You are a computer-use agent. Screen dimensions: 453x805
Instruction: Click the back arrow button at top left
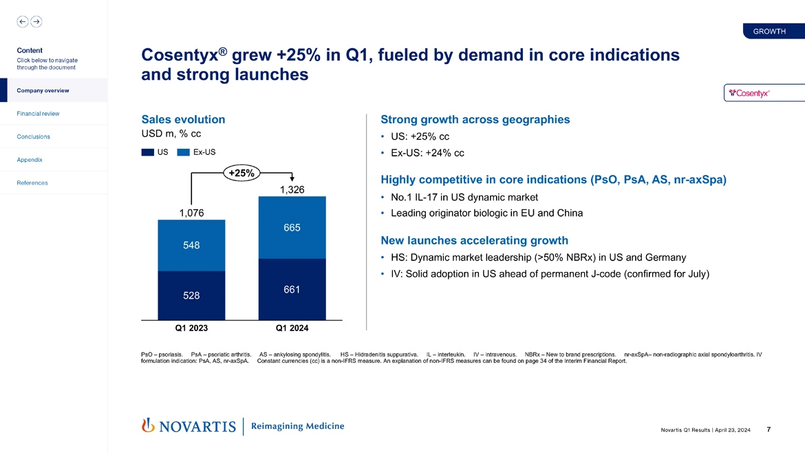point(23,21)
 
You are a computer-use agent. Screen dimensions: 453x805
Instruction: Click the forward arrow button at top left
point(36,21)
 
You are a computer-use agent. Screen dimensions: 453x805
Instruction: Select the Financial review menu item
point(39,114)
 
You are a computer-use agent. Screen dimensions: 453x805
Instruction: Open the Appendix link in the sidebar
point(31,160)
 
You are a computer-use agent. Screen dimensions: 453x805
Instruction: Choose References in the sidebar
point(33,183)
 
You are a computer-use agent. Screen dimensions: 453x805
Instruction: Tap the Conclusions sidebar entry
point(34,136)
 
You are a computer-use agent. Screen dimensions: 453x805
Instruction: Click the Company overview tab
point(43,90)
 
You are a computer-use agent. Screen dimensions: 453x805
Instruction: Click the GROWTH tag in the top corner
point(769,32)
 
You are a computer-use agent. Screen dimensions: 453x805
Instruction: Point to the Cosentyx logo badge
point(754,93)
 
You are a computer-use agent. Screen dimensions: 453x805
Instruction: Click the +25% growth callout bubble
point(241,173)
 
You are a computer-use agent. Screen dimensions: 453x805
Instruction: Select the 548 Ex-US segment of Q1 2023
point(191,245)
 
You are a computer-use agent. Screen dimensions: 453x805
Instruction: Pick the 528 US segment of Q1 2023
point(191,295)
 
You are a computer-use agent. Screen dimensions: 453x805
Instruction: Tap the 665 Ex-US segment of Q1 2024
point(292,228)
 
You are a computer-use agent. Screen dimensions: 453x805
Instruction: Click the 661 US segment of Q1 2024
point(292,290)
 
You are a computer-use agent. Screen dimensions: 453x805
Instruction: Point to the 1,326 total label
point(292,189)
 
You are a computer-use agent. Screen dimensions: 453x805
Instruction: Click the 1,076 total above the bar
point(191,213)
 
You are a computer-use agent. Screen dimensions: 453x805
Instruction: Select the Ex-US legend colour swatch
point(184,152)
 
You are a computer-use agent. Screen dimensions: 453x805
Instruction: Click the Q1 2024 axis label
point(292,328)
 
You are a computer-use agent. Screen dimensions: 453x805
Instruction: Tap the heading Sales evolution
point(183,119)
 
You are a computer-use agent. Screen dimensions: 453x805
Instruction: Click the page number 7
point(768,430)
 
